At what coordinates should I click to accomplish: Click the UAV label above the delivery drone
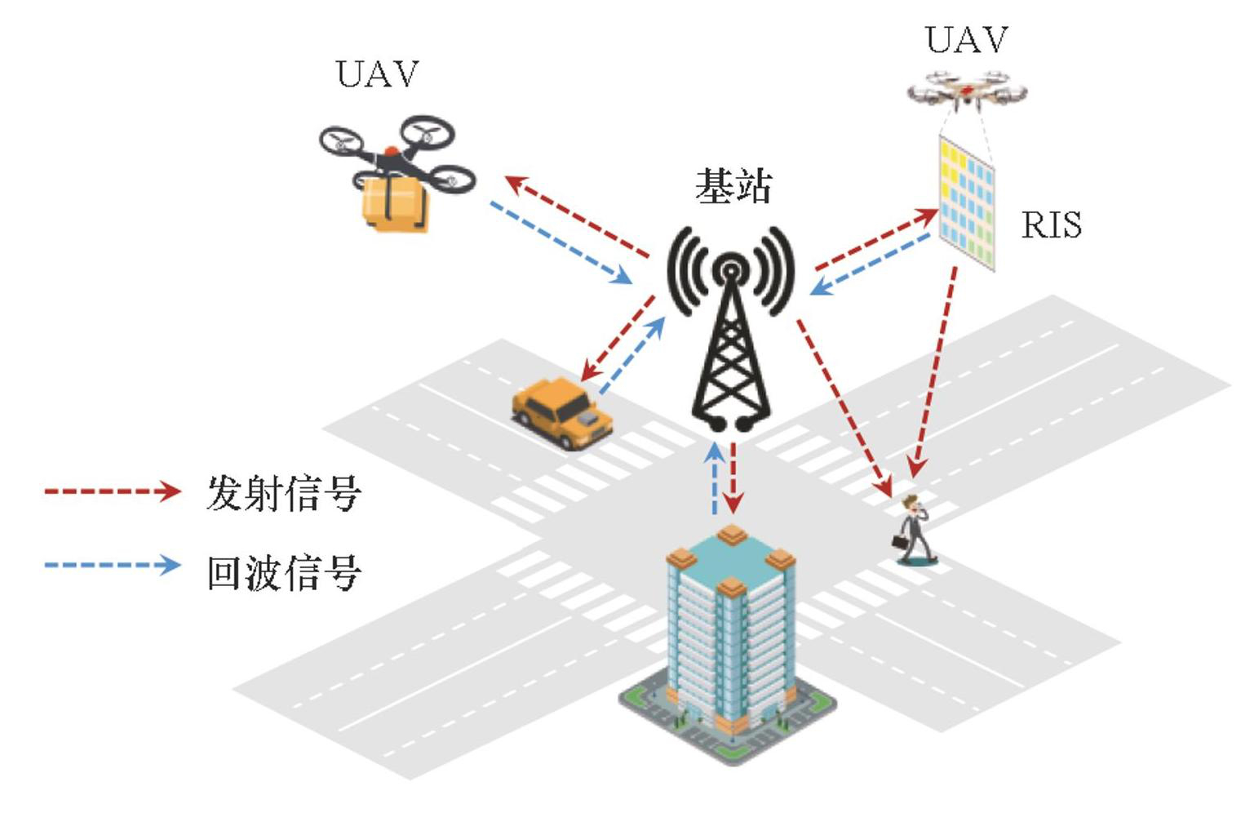377,74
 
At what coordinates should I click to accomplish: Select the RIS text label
1051,224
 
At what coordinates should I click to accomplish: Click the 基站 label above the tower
733,186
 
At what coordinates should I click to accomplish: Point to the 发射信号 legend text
283,493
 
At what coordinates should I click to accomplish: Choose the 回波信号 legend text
283,571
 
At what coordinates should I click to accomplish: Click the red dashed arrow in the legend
112,491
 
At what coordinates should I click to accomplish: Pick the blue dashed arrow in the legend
112,565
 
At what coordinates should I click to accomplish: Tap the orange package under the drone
394,203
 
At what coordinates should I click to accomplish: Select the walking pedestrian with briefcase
915,531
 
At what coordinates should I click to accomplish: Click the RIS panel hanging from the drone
966,203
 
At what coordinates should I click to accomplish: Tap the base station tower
730,335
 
